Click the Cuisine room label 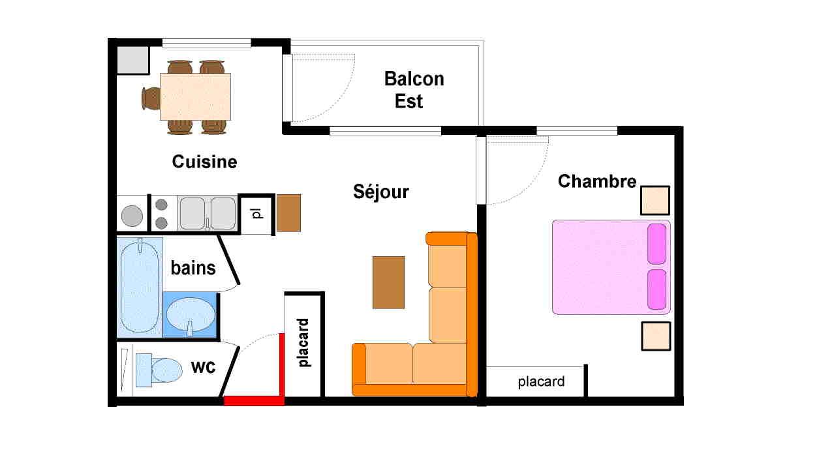click(x=204, y=162)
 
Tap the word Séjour click(x=381, y=191)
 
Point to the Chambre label click(x=597, y=181)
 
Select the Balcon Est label click(x=414, y=90)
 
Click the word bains click(x=193, y=268)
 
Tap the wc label click(x=203, y=366)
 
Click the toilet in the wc click(x=159, y=370)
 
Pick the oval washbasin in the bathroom click(x=191, y=316)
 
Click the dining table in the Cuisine click(x=195, y=96)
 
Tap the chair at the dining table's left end click(x=151, y=98)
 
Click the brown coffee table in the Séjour click(x=388, y=282)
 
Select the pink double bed click(x=611, y=267)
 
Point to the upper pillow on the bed click(x=657, y=244)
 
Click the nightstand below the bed click(x=656, y=336)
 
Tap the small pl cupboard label click(x=258, y=214)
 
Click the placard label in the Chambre click(x=541, y=381)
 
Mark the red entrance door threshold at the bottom click(x=254, y=401)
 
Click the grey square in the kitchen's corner click(x=132, y=60)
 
